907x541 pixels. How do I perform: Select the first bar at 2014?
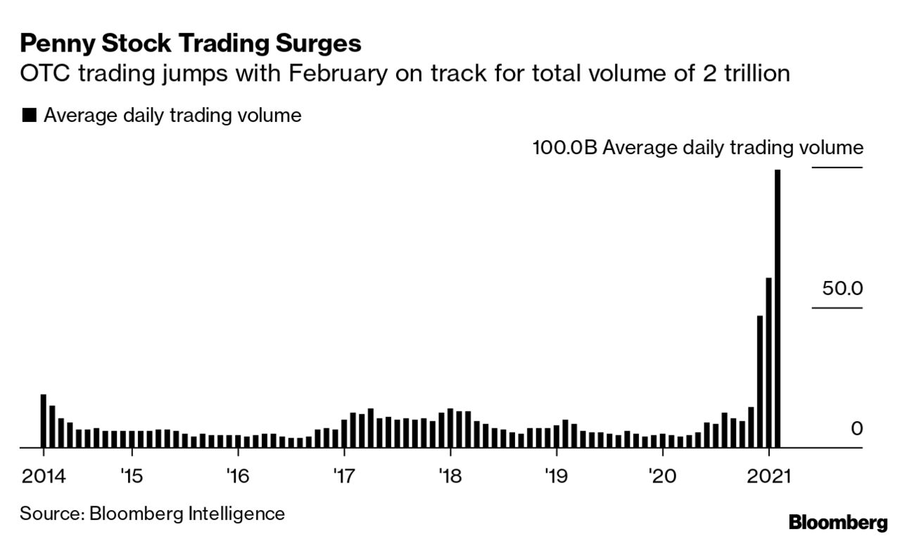tap(43, 421)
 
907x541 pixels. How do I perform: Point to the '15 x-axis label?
tap(131, 477)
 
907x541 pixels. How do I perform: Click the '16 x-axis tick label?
tap(237, 477)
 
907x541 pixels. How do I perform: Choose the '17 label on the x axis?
tap(343, 477)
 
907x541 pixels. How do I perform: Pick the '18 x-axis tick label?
tap(449, 477)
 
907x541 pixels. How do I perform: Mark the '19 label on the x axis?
tap(555, 477)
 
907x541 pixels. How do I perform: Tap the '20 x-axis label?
tap(661, 477)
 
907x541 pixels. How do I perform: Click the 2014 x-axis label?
tap(43, 477)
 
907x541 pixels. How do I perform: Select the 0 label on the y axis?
tap(856, 428)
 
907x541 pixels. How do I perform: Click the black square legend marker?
tap(29, 116)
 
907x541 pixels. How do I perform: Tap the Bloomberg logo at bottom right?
tap(838, 523)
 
